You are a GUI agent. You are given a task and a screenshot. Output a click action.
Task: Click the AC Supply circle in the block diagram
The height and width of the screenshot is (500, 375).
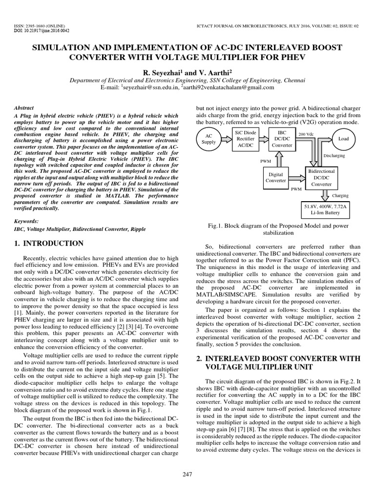[x=209, y=139]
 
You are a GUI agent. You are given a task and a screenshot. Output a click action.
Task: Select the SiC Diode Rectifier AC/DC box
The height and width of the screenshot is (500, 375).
[x=245, y=139]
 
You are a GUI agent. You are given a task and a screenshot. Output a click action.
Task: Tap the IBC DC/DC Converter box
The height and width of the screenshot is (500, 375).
[x=282, y=139]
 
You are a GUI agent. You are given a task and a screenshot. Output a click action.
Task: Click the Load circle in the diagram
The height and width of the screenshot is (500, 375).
[x=343, y=139]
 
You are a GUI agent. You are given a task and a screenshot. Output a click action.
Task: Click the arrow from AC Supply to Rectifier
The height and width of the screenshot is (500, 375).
[x=226, y=139]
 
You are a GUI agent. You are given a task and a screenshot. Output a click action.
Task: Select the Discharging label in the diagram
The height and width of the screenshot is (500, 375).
[x=334, y=156]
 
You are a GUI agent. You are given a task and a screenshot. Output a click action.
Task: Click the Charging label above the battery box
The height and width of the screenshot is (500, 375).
[x=340, y=196]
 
